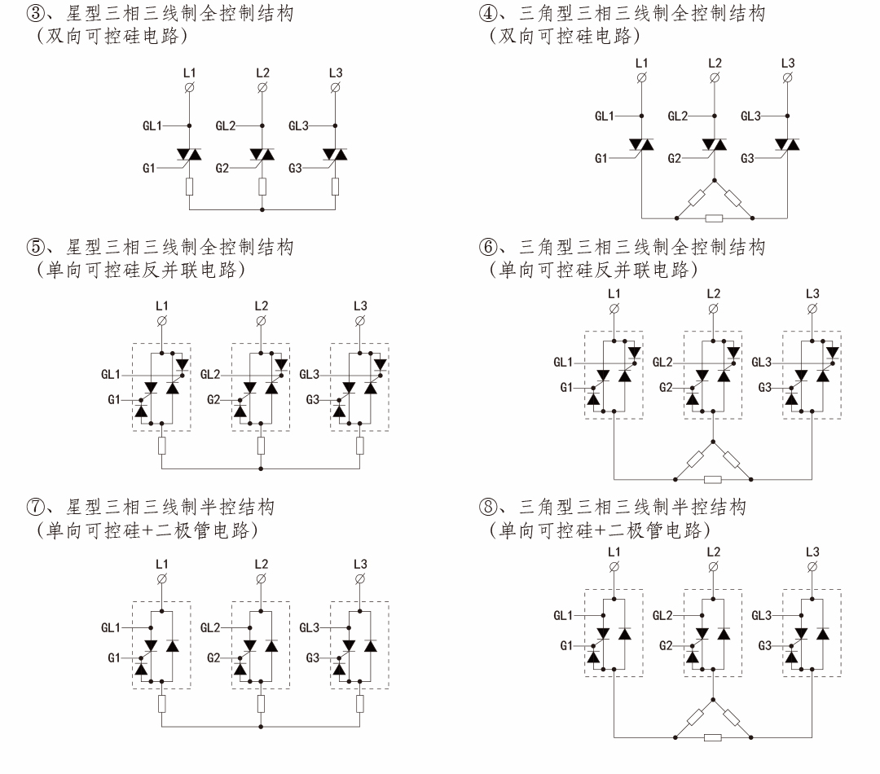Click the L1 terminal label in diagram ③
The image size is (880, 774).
pos(189,73)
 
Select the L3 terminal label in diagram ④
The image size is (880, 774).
pos(787,63)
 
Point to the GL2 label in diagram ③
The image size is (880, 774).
pos(226,126)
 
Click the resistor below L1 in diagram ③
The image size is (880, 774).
pos(189,187)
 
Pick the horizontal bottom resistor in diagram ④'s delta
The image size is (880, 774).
pos(714,218)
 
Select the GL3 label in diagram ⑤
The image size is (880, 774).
pos(310,374)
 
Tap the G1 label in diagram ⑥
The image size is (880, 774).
pos(567,388)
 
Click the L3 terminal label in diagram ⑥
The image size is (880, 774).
pos(812,293)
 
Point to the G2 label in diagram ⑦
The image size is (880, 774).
pos(214,657)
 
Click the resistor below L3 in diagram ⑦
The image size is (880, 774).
pos(360,704)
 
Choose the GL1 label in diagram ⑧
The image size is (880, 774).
pos(563,615)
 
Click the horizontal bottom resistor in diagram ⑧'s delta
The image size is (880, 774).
pos(714,738)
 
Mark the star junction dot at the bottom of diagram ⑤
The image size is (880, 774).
pos(261,469)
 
